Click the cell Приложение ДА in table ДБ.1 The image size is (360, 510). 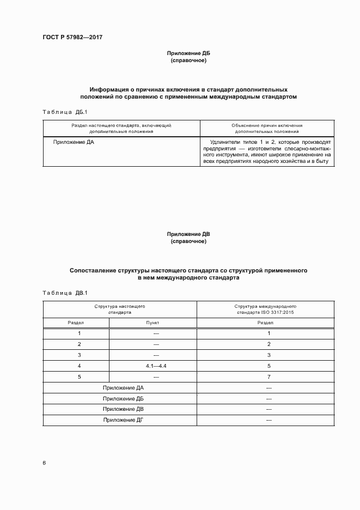tap(74, 142)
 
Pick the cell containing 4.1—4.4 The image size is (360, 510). tap(156, 366)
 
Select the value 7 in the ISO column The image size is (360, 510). tap(269, 377)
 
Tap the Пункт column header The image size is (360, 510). tap(152, 323)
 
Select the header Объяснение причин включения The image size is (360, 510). tap(267, 125)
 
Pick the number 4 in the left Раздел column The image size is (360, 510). tap(80, 366)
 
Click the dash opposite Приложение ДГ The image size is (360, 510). tap(269, 420)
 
